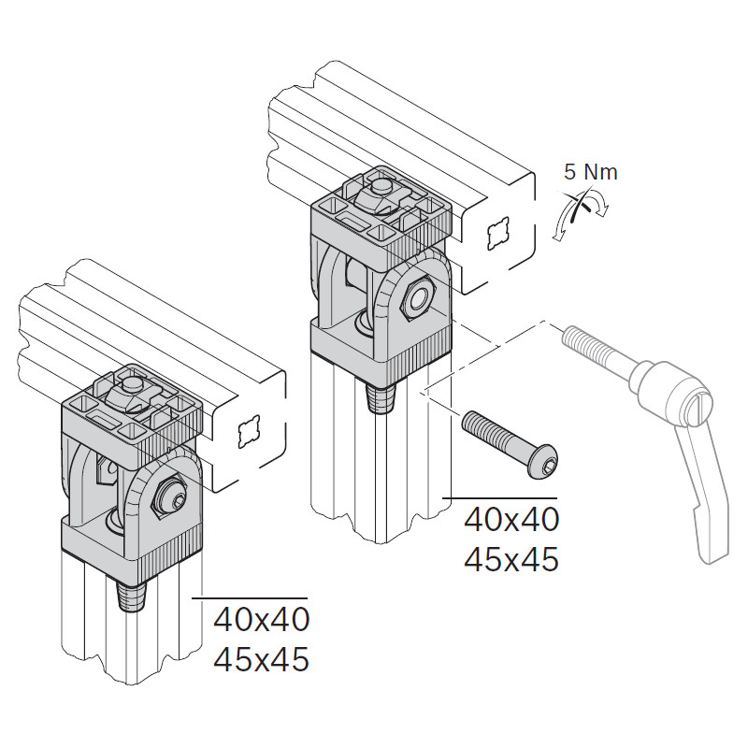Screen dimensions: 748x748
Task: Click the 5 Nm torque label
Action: tap(590, 172)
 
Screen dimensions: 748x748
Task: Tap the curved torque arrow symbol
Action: tap(579, 214)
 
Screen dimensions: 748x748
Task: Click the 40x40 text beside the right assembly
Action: tap(511, 520)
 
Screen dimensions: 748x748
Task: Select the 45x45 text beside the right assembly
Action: tap(511, 559)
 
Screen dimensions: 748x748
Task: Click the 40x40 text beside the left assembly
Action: tap(262, 620)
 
